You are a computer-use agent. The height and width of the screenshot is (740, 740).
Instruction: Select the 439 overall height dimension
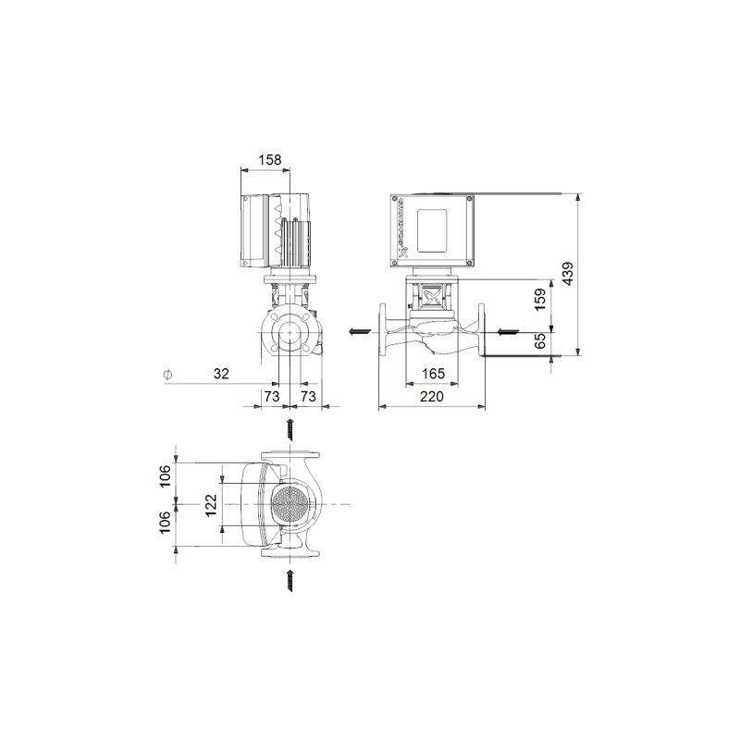click(567, 273)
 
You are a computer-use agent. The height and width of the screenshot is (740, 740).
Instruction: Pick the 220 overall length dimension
click(432, 396)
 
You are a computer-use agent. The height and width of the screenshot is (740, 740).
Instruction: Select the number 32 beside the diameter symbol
click(221, 374)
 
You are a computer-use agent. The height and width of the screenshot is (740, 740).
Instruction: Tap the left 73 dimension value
click(272, 396)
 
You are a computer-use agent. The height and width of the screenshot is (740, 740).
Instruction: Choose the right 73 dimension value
click(308, 396)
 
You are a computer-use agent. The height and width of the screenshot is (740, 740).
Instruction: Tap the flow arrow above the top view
click(290, 428)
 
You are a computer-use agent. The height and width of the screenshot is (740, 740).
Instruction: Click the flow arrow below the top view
click(290, 580)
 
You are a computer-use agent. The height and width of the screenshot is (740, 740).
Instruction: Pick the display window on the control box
click(433, 228)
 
